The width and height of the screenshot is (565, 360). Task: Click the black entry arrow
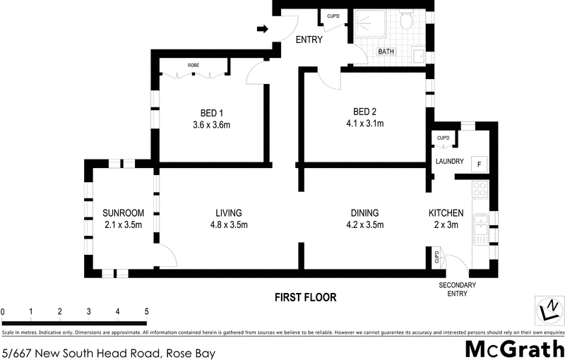click(263, 29)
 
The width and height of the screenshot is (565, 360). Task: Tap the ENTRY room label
click(309, 40)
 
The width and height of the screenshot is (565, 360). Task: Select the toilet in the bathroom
click(406, 21)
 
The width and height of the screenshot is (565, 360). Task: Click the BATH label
click(386, 52)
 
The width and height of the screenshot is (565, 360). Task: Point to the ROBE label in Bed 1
click(193, 66)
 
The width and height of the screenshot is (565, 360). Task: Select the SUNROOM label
click(123, 213)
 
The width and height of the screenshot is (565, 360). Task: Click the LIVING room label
click(229, 213)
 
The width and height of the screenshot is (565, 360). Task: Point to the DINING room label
click(364, 213)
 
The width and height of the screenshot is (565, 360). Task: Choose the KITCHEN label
click(446, 213)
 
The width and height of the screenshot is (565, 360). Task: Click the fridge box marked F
click(480, 164)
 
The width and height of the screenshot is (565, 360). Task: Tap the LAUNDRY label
click(449, 162)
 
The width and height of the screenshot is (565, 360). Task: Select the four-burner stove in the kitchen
click(480, 189)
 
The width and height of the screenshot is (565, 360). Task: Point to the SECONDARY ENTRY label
click(457, 290)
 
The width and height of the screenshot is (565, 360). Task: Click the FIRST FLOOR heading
click(305, 297)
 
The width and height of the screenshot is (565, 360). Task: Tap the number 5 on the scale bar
click(146, 311)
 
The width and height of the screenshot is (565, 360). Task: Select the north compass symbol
click(549, 309)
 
